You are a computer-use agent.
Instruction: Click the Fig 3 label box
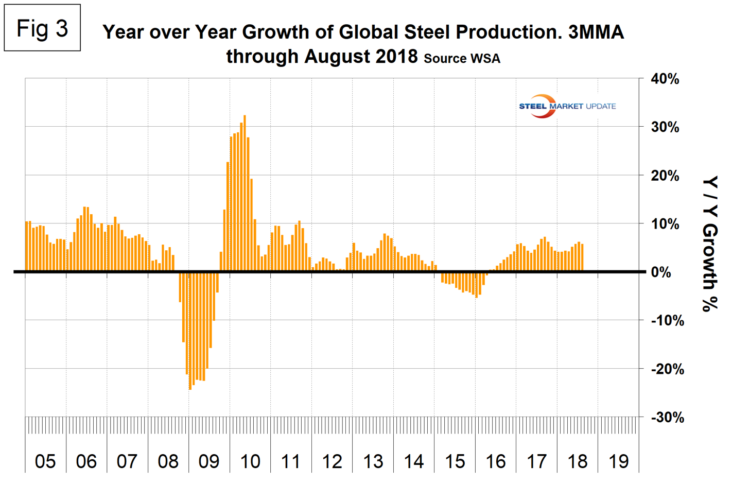coord(42,28)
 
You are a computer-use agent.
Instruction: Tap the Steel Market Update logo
coord(567,106)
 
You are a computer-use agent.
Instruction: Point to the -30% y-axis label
coord(667,417)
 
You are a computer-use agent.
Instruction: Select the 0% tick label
coord(661,272)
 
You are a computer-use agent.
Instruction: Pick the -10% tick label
coord(667,321)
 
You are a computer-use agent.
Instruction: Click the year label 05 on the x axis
coord(45,461)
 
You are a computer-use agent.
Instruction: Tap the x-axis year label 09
coord(209,461)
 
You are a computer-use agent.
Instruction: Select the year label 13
coord(373,461)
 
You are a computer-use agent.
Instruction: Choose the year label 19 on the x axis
coord(618,461)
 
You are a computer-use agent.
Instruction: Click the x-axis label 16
coord(496,461)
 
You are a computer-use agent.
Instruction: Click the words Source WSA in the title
coord(462,59)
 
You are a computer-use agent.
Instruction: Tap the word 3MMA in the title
coord(596,32)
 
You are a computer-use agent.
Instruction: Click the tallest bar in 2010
coord(245,194)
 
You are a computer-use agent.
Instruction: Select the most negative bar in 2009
coord(190,330)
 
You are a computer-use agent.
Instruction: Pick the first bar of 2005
coord(27,246)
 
